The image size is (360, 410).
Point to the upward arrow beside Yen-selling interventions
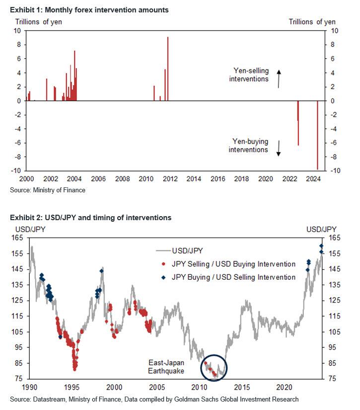pyautogui.click(x=279, y=79)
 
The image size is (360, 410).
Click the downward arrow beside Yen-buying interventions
pyautogui.click(x=279, y=148)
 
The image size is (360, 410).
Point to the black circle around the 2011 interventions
pyautogui.click(x=214, y=368)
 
